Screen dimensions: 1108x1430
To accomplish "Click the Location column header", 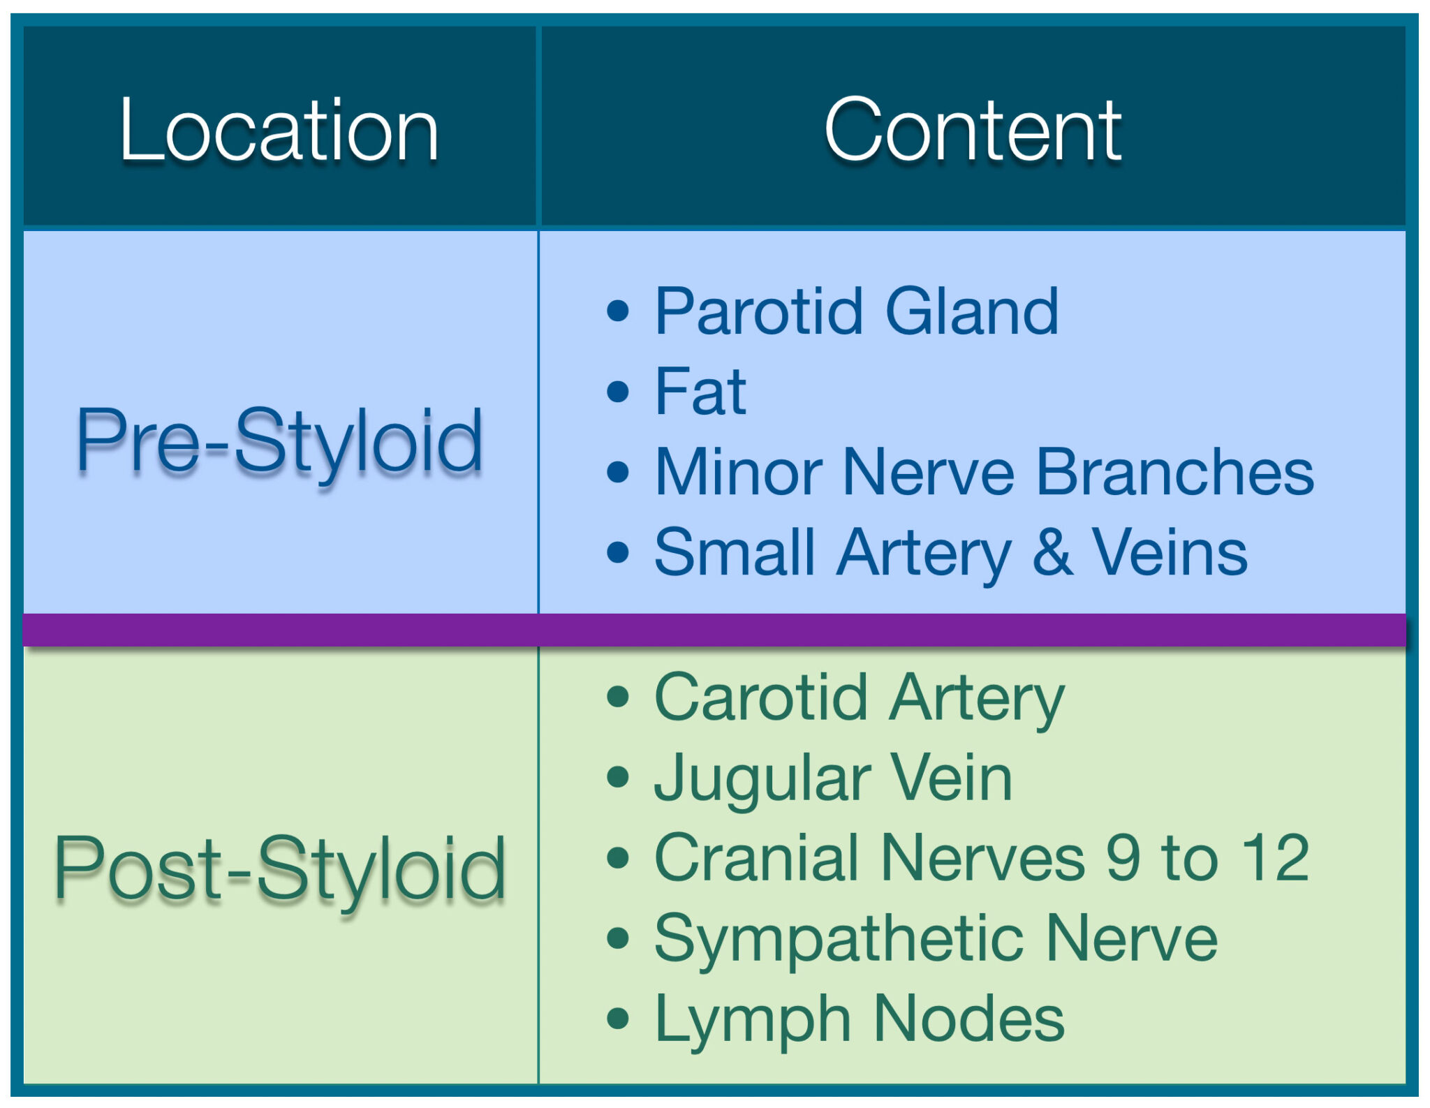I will [279, 131].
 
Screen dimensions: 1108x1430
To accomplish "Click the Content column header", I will [972, 131].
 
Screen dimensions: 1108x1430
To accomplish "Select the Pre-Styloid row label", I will [279, 441].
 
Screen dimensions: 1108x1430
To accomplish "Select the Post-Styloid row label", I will [279, 869].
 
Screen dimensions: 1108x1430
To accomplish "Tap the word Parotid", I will [758, 312].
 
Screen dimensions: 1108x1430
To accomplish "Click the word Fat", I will [700, 392].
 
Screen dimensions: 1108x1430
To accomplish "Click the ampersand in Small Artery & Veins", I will [1052, 553].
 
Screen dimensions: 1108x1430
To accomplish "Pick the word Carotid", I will [760, 697].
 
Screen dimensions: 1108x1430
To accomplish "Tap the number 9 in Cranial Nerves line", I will [1123, 858].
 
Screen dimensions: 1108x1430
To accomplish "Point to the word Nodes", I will [968, 1019].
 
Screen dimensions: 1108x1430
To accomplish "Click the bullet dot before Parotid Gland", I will [618, 311].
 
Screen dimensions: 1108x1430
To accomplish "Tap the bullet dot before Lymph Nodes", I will [618, 1019].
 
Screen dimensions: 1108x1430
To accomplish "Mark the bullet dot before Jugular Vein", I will [618, 777].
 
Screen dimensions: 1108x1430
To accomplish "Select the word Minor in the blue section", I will [739, 473].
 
